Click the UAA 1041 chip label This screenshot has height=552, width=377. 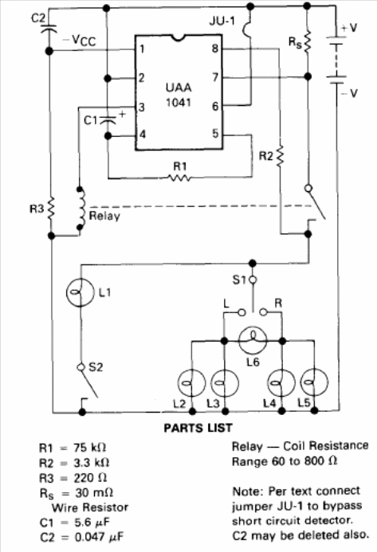pyautogui.click(x=179, y=95)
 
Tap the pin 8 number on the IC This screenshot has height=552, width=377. pyautogui.click(x=215, y=49)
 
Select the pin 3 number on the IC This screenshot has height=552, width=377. pyautogui.click(x=142, y=107)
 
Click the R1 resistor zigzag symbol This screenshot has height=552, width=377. pyautogui.click(x=179, y=178)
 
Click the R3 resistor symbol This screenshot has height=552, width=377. pyautogui.click(x=52, y=209)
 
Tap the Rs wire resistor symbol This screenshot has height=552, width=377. pyautogui.click(x=308, y=41)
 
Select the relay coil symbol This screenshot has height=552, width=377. pyautogui.click(x=81, y=209)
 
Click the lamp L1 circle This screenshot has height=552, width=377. pyautogui.click(x=81, y=292)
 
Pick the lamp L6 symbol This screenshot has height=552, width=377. pyautogui.click(x=253, y=341)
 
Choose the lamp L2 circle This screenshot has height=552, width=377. pyautogui.click(x=191, y=382)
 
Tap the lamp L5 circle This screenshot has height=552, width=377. pyautogui.click(x=314, y=382)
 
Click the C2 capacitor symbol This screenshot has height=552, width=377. pyautogui.click(x=49, y=29)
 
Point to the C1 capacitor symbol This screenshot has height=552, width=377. pyautogui.click(x=108, y=119)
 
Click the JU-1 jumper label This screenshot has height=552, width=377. pyautogui.click(x=222, y=21)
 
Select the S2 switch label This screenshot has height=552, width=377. pyautogui.click(x=96, y=367)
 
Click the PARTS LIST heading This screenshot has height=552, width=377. pyautogui.click(x=198, y=428)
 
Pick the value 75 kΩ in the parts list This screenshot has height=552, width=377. pyautogui.click(x=89, y=448)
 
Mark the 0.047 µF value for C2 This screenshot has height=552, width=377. pyautogui.click(x=100, y=537)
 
